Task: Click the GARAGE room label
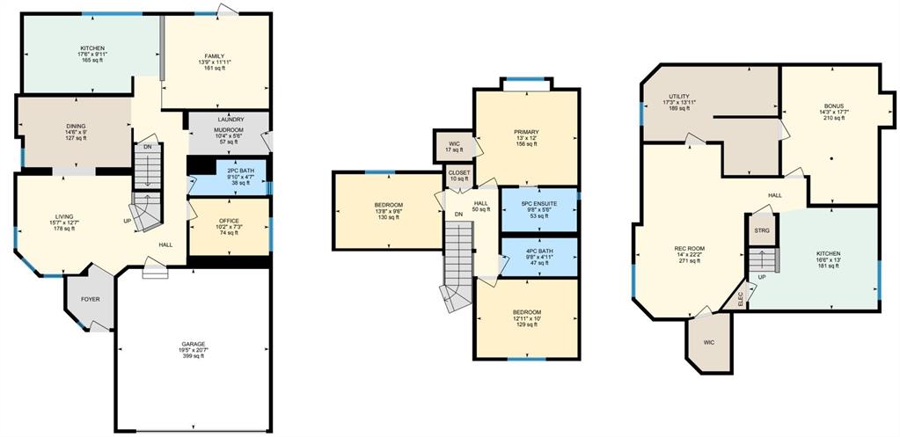tap(194, 344)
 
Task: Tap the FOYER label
tap(90, 299)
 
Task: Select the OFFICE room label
tap(229, 221)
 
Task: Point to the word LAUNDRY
tap(230, 120)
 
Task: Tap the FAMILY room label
tap(216, 55)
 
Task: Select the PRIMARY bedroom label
tap(526, 132)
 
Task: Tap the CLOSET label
tap(459, 172)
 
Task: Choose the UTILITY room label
tap(678, 97)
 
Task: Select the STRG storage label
tap(762, 230)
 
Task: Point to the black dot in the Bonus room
tap(831, 158)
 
